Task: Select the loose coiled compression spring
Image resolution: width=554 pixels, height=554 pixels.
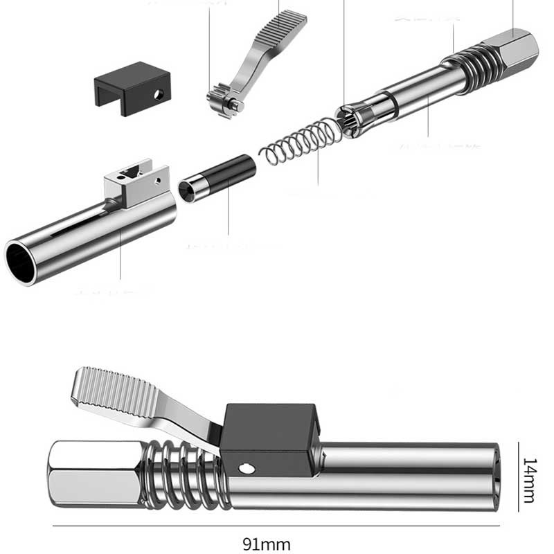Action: coord(301,142)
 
